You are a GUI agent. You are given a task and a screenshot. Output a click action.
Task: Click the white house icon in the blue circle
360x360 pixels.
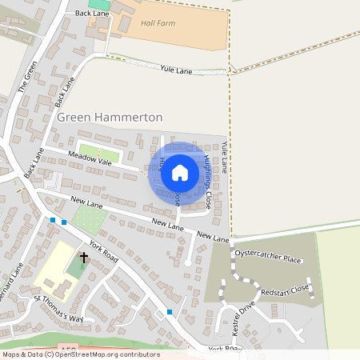point(180,172)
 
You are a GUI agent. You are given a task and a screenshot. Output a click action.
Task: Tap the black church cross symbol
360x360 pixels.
point(84,258)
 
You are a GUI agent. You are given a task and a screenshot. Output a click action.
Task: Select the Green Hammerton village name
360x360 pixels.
point(110,118)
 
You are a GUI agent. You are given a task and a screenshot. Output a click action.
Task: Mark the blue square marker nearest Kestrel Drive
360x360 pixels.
point(170,311)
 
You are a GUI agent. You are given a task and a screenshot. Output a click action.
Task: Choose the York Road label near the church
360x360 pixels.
point(104,250)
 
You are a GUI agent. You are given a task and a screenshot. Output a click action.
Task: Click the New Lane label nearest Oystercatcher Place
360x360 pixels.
point(213,237)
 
